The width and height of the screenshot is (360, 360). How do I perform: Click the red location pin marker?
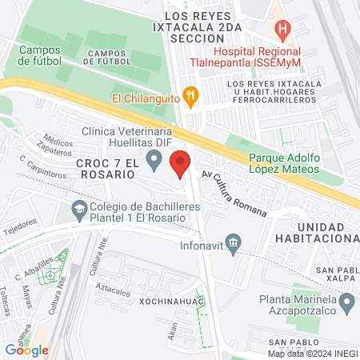click(x=181, y=163)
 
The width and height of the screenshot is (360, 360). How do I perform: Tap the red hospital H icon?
click(x=281, y=30)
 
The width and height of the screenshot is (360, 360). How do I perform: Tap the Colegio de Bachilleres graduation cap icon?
click(x=78, y=211)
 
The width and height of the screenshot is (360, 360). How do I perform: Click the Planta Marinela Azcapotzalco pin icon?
click(x=346, y=303)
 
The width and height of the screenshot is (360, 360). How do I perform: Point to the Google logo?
click(x=26, y=350)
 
